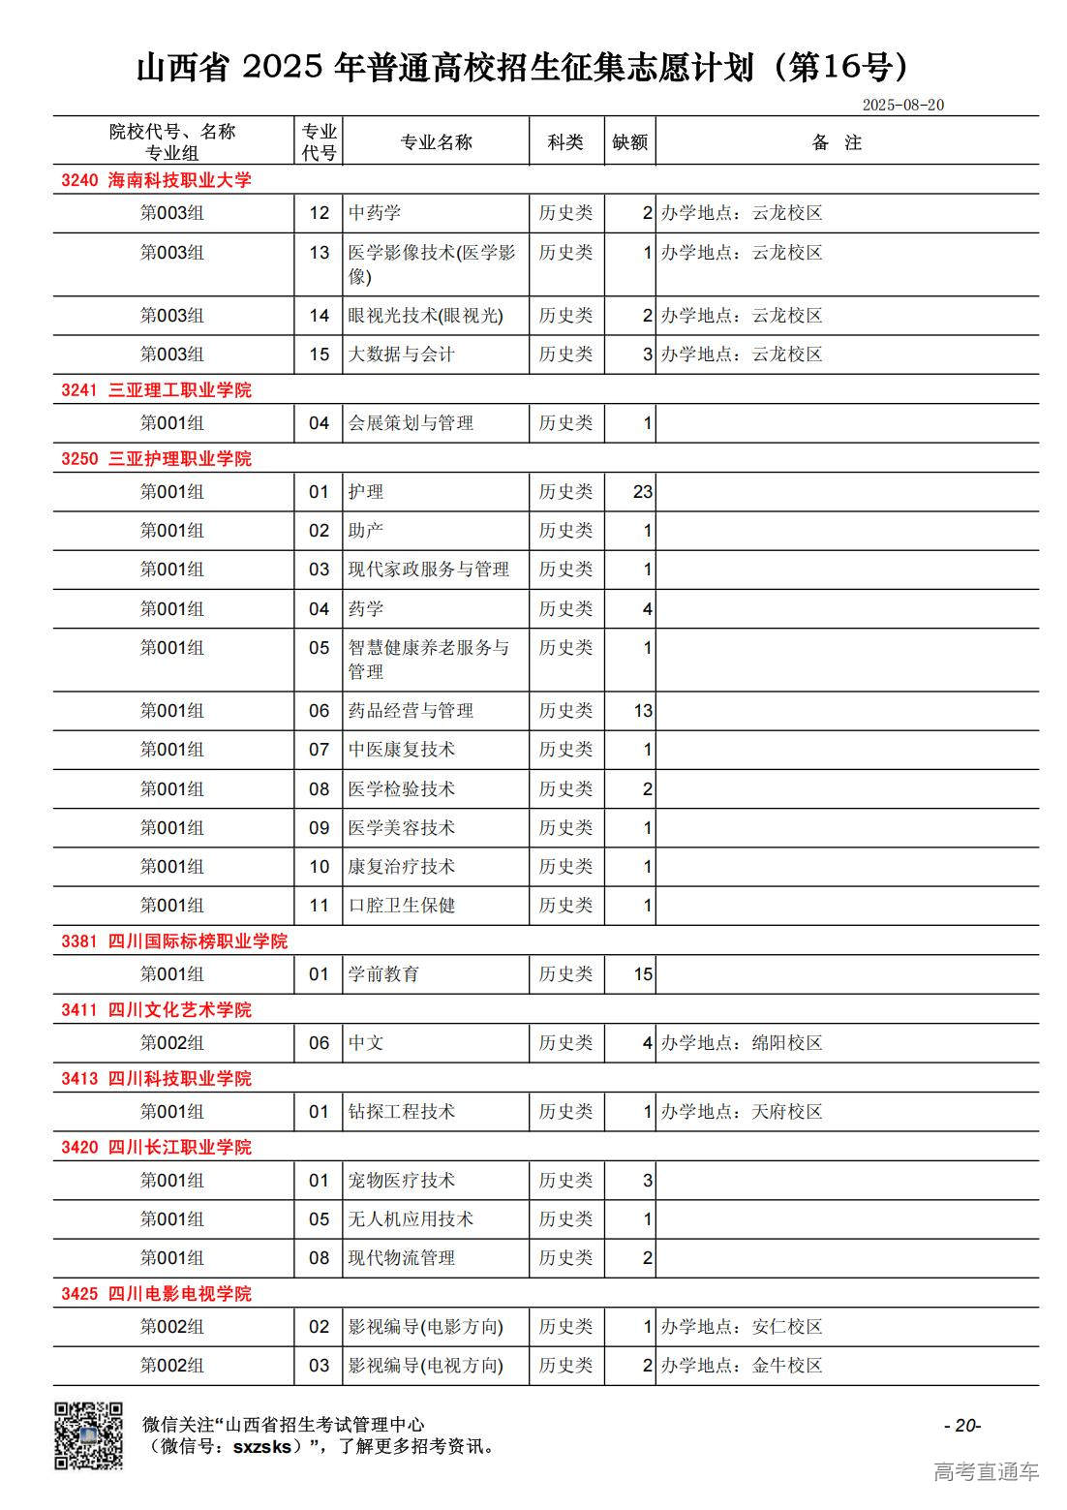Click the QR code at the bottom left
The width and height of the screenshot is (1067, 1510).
pos(87,1434)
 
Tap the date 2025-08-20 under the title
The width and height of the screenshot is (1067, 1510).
pos(902,105)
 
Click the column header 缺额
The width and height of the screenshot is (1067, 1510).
pos(629,142)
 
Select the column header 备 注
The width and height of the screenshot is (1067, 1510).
pos(837,142)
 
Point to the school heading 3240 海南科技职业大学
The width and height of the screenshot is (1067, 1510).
pos(156,180)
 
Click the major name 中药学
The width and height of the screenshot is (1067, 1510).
pos(375,213)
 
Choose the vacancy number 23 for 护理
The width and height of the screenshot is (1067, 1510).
pos(643,492)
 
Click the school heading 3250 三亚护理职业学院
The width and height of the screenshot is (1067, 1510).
pos(156,458)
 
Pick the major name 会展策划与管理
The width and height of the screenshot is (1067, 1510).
pos(411,423)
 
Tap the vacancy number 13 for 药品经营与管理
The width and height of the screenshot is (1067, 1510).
pos(643,711)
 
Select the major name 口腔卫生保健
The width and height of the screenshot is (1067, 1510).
pos(401,906)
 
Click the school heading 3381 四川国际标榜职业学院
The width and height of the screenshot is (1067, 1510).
pos(174,941)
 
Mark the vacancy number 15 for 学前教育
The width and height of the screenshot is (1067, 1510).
pos(643,974)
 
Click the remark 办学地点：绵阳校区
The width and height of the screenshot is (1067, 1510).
pos(742,1043)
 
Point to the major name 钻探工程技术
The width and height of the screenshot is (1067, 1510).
pos(401,1112)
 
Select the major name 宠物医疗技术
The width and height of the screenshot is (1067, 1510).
pos(401,1181)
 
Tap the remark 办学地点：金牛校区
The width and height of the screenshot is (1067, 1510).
pos(742,1366)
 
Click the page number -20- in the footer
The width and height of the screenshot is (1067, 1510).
pos(962,1425)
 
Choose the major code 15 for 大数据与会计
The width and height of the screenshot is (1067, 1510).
pos(320,354)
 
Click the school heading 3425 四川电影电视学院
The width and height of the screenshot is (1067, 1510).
pos(156,1294)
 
